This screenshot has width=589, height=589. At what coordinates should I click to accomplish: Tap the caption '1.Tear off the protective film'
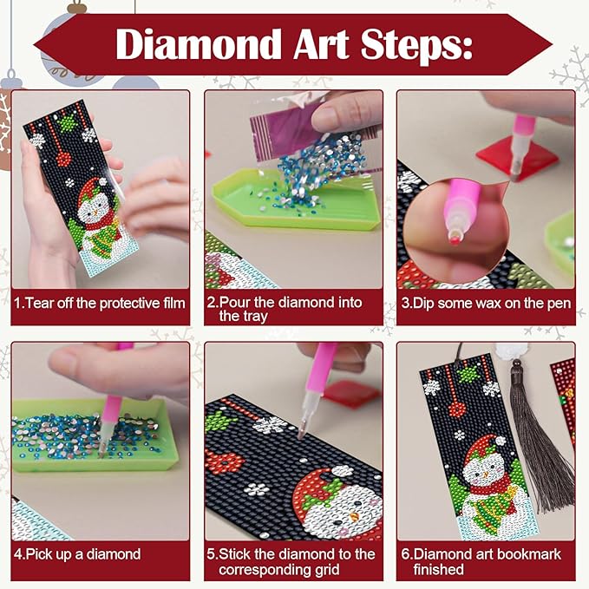(100, 303)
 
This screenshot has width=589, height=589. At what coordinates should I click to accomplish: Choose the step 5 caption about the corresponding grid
(295, 561)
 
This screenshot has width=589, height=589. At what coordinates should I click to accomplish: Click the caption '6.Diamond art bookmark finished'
(487, 561)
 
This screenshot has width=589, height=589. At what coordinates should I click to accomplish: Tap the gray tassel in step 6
(528, 434)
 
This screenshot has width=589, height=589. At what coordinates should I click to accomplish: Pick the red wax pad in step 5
(351, 395)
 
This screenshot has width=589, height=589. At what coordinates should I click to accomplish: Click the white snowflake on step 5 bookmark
(271, 425)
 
